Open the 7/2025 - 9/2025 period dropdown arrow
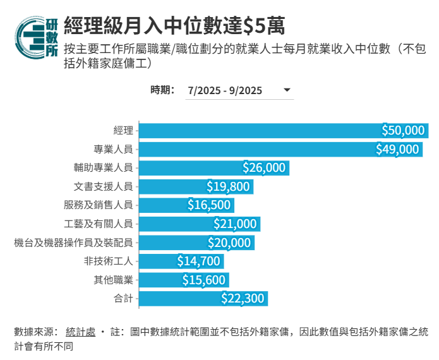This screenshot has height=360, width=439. [287, 90]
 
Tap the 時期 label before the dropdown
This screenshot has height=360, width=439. [162, 90]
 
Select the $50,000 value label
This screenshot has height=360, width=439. [404, 131]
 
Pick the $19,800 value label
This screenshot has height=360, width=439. [229, 186]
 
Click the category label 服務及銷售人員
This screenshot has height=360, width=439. [98, 205]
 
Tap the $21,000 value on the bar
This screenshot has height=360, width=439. [235, 224]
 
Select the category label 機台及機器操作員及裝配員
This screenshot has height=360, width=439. [73, 243]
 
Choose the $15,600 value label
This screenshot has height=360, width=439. [203, 280]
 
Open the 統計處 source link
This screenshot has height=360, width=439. [80, 332]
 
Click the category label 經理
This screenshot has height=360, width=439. [123, 131]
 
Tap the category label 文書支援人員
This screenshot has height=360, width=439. [102, 186]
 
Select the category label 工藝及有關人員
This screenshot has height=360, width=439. [98, 224]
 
